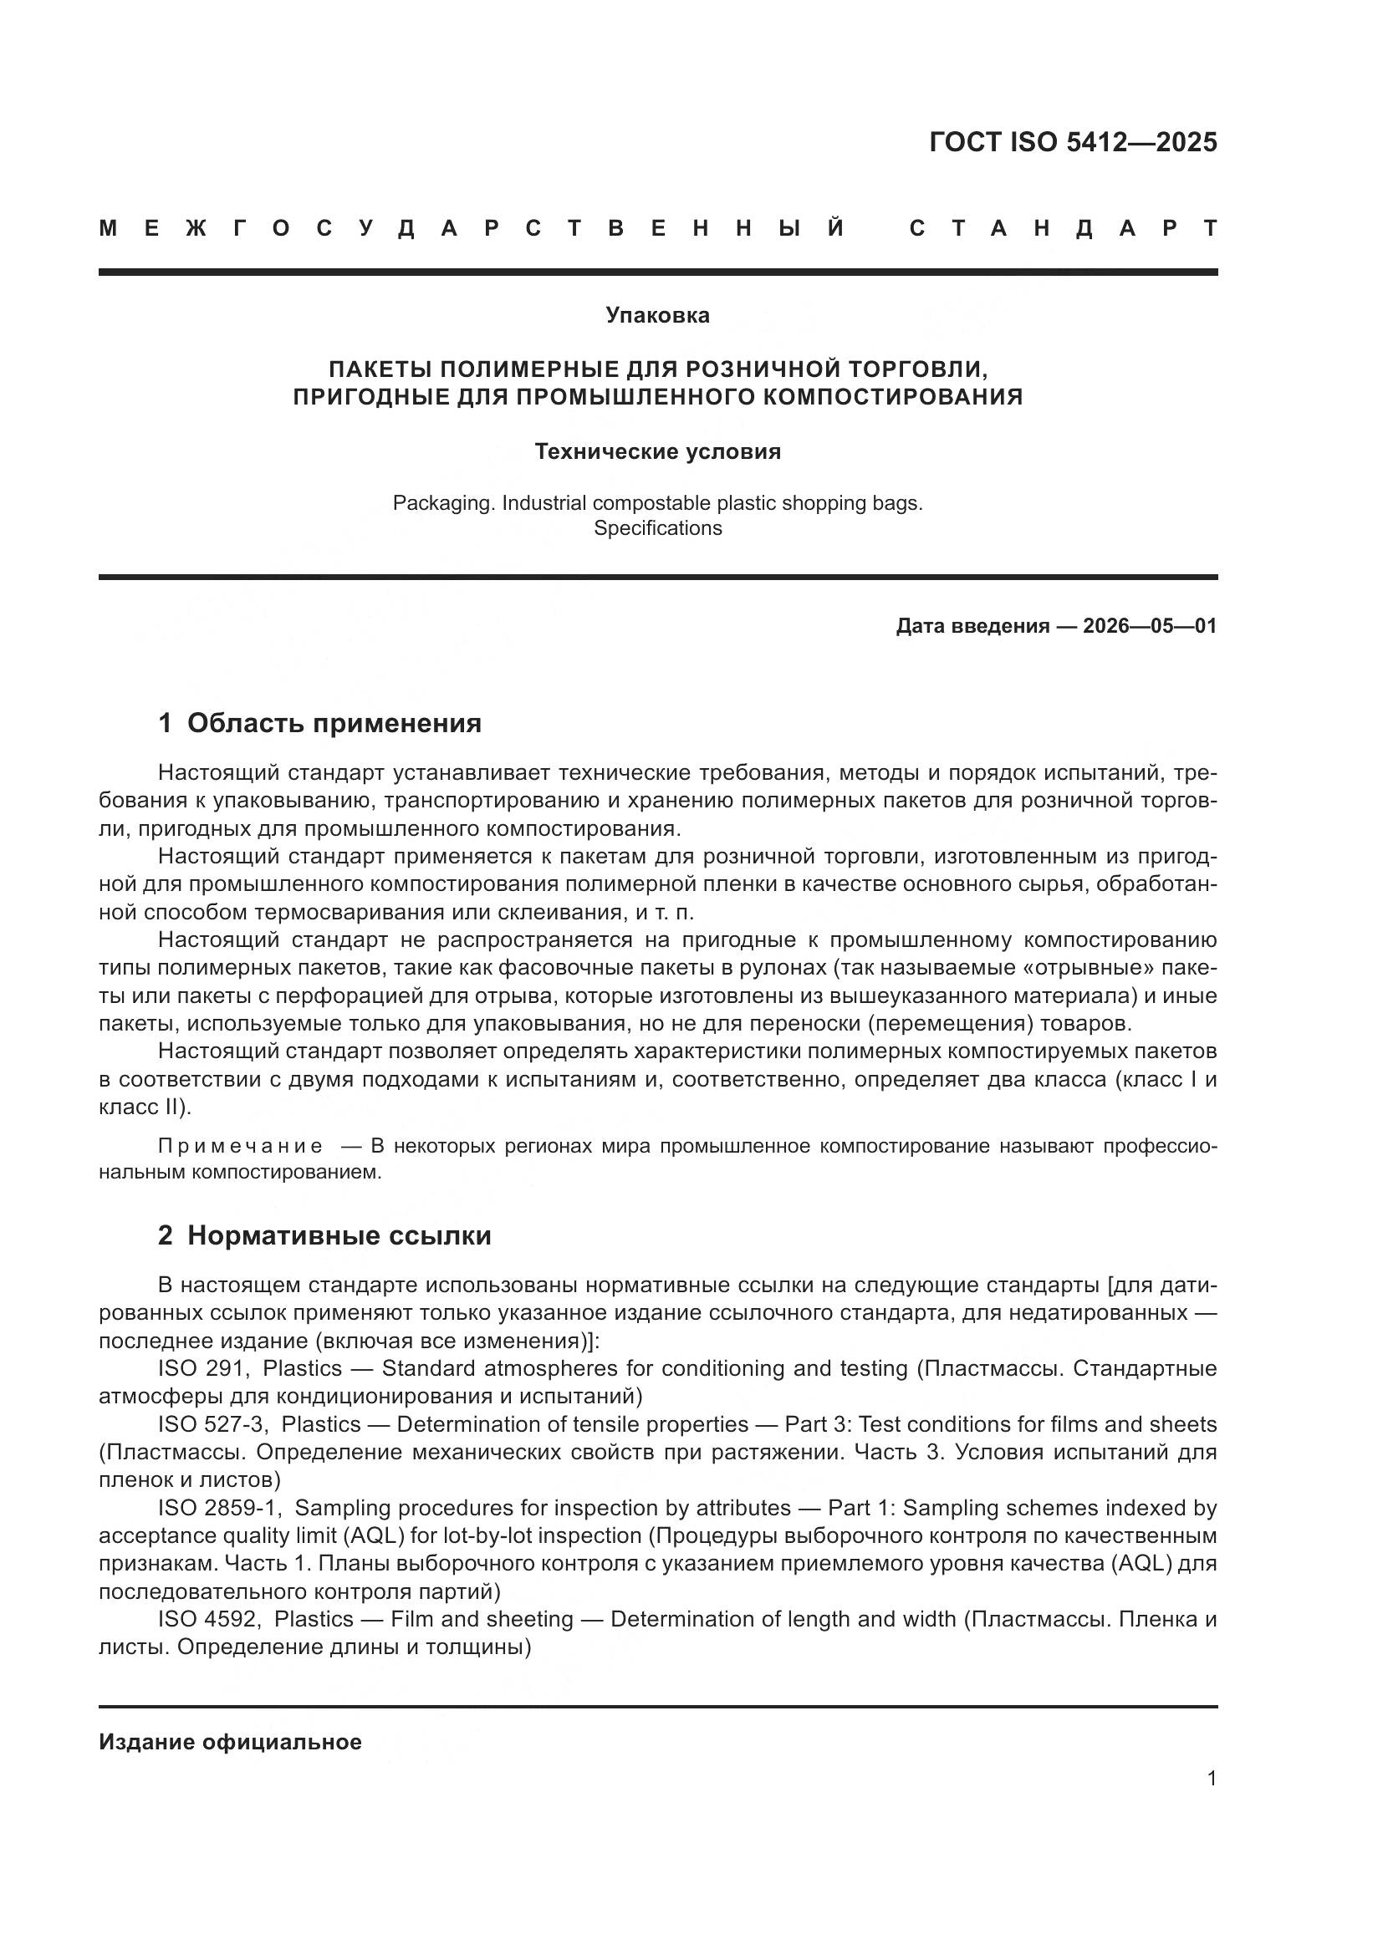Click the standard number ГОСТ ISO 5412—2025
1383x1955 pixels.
pos(1072,142)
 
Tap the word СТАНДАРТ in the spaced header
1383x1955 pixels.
pos(1063,228)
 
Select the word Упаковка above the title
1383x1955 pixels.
pos(657,315)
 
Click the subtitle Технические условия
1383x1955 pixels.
pos(657,451)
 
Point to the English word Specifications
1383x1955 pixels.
pos(657,528)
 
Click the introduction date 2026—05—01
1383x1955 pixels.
pos(1149,626)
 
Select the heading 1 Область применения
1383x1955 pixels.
pos(319,723)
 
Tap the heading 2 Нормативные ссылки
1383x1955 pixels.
pos(324,1235)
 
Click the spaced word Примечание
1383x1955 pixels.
pos(241,1146)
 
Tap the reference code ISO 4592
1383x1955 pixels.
pos(207,1619)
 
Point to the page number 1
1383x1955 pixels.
pos(1212,1778)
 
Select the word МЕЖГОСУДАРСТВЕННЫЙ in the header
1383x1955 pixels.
pos(472,228)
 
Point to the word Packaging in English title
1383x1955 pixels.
pos(443,503)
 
